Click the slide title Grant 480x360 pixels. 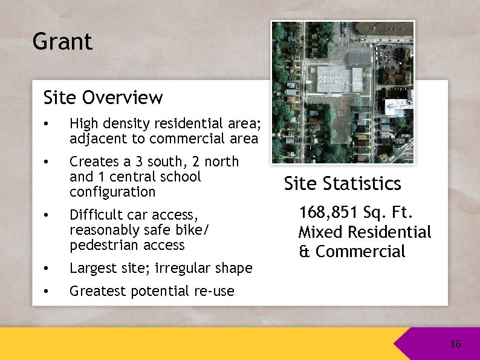pyautogui.click(x=62, y=42)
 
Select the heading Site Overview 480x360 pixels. pyautogui.click(x=103, y=97)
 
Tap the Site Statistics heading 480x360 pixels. pyautogui.click(x=342, y=183)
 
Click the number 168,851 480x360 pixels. pyautogui.click(x=328, y=212)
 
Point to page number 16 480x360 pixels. pyautogui.click(x=455, y=344)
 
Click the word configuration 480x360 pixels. pyautogui.click(x=112, y=192)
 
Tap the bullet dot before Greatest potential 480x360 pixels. pyautogui.click(x=46, y=292)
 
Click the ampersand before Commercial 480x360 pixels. pyautogui.click(x=304, y=252)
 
